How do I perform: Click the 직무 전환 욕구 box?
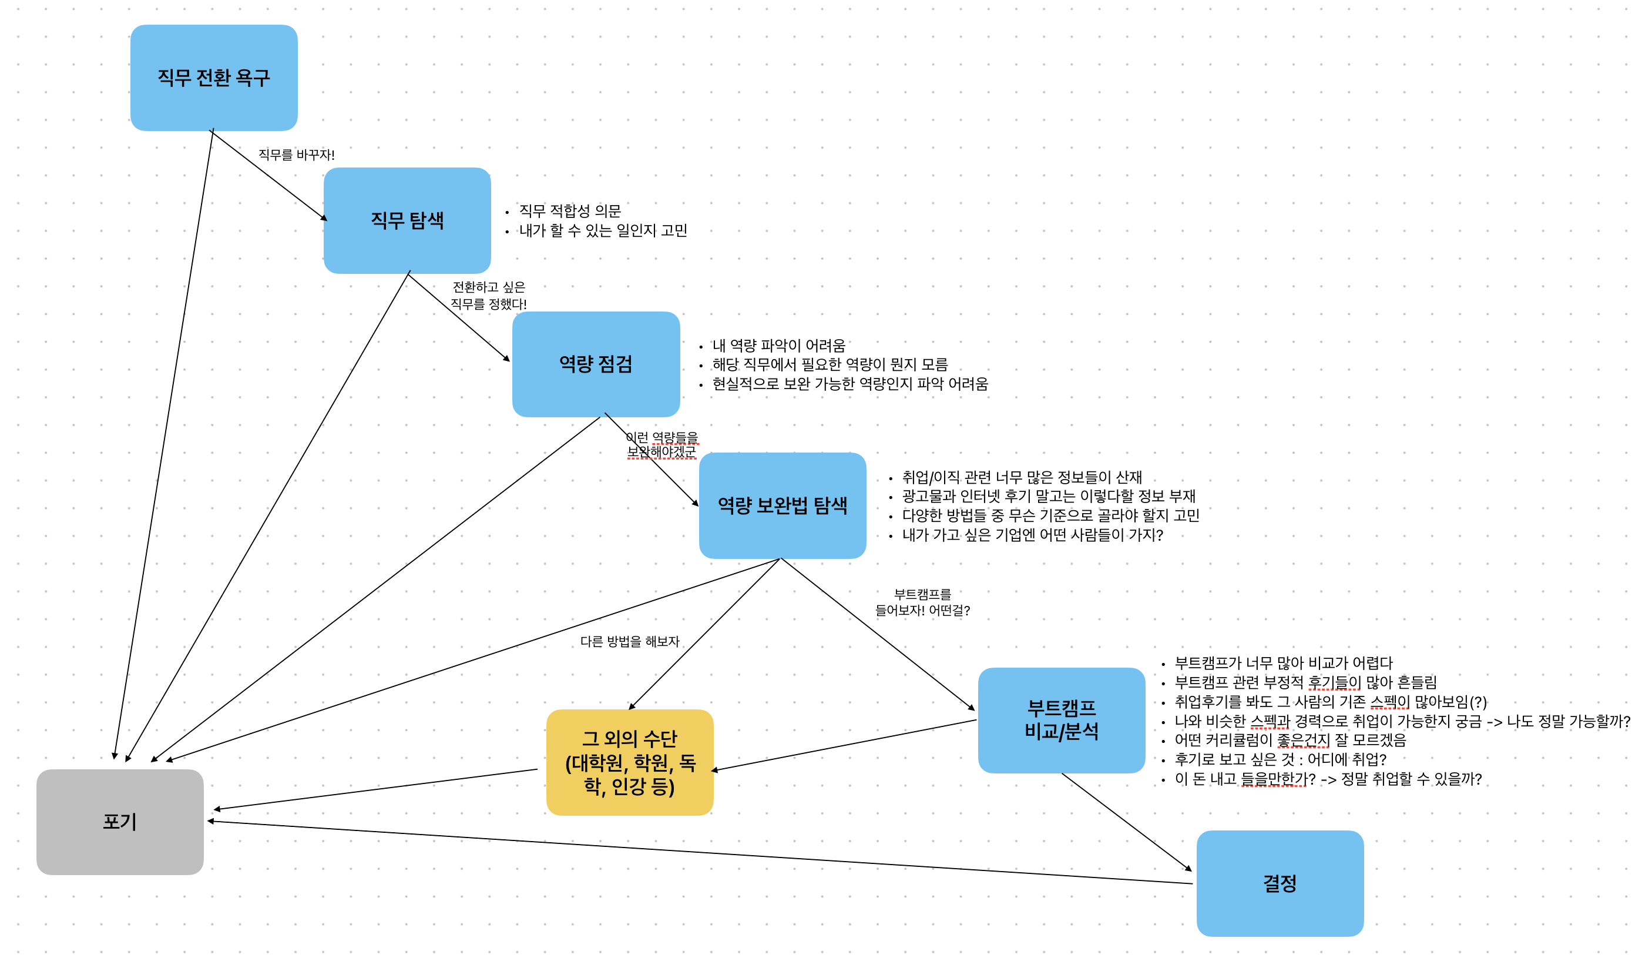point(214,78)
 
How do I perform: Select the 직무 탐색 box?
point(407,220)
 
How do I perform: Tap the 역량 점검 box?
point(596,364)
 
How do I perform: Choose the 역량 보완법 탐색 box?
point(782,505)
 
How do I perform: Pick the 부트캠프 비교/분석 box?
point(1062,720)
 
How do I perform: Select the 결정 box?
point(1280,883)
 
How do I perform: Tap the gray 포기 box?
point(120,822)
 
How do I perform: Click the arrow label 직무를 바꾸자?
point(296,155)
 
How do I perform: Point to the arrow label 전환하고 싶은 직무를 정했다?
point(488,295)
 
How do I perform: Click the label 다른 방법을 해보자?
point(629,641)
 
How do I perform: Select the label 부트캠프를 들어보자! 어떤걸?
point(922,602)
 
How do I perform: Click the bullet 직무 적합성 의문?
point(570,210)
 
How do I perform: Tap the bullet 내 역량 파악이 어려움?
point(779,345)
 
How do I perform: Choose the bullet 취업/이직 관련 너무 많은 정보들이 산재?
point(1022,477)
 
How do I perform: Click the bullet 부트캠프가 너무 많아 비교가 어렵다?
point(1284,663)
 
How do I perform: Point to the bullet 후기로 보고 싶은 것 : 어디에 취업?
point(1280,759)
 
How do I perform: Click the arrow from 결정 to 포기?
point(700,852)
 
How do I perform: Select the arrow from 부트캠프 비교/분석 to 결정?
point(1126,822)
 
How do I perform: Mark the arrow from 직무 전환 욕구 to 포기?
point(164,444)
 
